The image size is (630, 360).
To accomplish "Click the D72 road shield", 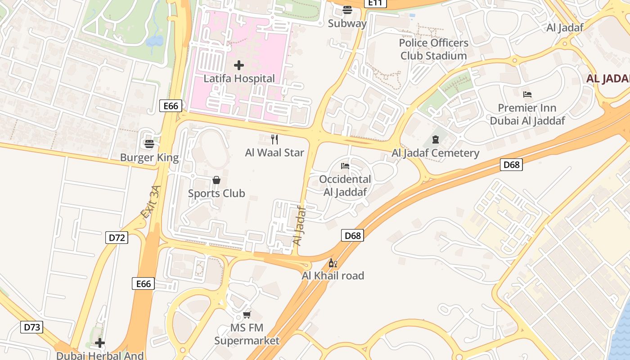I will click(117, 238).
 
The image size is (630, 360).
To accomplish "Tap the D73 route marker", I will click(32, 327).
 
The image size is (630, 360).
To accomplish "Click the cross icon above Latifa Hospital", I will click(239, 66).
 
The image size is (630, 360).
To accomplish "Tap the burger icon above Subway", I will click(347, 10).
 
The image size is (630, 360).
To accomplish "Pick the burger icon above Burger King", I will click(149, 144).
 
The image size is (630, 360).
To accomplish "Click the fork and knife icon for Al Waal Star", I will click(274, 139).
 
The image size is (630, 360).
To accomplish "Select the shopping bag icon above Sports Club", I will click(216, 180).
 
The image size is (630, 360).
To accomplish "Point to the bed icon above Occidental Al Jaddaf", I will click(345, 166).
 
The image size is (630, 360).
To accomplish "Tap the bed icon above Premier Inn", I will click(527, 94).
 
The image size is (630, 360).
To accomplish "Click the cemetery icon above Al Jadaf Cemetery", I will click(435, 139).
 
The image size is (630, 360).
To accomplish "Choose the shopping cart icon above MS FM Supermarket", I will click(247, 315).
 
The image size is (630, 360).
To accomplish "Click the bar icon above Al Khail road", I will click(333, 263).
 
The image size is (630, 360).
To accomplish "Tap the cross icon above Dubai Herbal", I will click(100, 343).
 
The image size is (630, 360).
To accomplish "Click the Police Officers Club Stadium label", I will click(434, 49).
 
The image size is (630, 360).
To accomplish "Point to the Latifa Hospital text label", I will click(239, 79).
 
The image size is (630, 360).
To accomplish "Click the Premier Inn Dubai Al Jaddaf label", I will click(527, 114).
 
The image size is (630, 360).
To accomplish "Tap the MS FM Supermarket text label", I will click(247, 334).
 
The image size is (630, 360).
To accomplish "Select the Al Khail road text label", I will click(333, 276).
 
